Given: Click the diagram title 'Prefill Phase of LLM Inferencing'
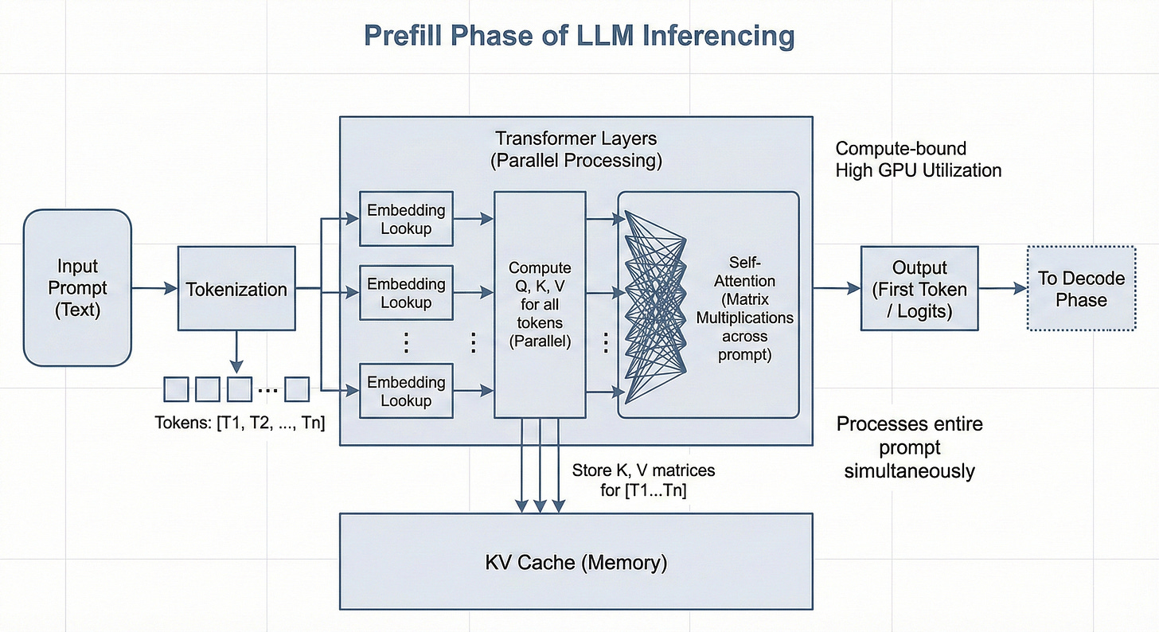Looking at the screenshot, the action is click(579, 36).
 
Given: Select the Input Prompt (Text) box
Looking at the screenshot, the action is click(78, 287).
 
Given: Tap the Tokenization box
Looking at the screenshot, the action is click(236, 288).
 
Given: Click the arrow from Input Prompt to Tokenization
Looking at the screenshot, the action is click(154, 288).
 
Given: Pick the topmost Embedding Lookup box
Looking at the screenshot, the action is click(406, 219).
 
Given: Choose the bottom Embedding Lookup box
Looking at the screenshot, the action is click(406, 391).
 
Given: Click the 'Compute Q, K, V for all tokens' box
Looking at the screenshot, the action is click(540, 305).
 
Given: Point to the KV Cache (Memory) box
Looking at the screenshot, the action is click(576, 562).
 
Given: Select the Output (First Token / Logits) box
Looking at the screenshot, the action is click(919, 288).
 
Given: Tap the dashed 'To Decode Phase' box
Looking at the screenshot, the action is click(1081, 288).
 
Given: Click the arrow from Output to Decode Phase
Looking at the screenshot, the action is click(1003, 288).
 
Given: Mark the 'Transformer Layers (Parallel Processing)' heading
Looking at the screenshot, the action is click(576, 150).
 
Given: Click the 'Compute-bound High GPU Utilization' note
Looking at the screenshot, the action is click(919, 159).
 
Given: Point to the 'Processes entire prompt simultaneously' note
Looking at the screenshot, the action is click(910, 447).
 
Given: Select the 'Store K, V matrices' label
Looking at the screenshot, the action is click(644, 470).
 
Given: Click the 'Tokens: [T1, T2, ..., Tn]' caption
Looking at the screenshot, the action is click(240, 423).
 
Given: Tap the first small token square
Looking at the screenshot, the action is click(176, 389).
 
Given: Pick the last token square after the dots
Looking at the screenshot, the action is click(297, 389).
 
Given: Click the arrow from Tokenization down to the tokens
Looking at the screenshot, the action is click(236, 352).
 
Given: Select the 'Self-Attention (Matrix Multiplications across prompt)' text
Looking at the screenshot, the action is click(744, 308).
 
